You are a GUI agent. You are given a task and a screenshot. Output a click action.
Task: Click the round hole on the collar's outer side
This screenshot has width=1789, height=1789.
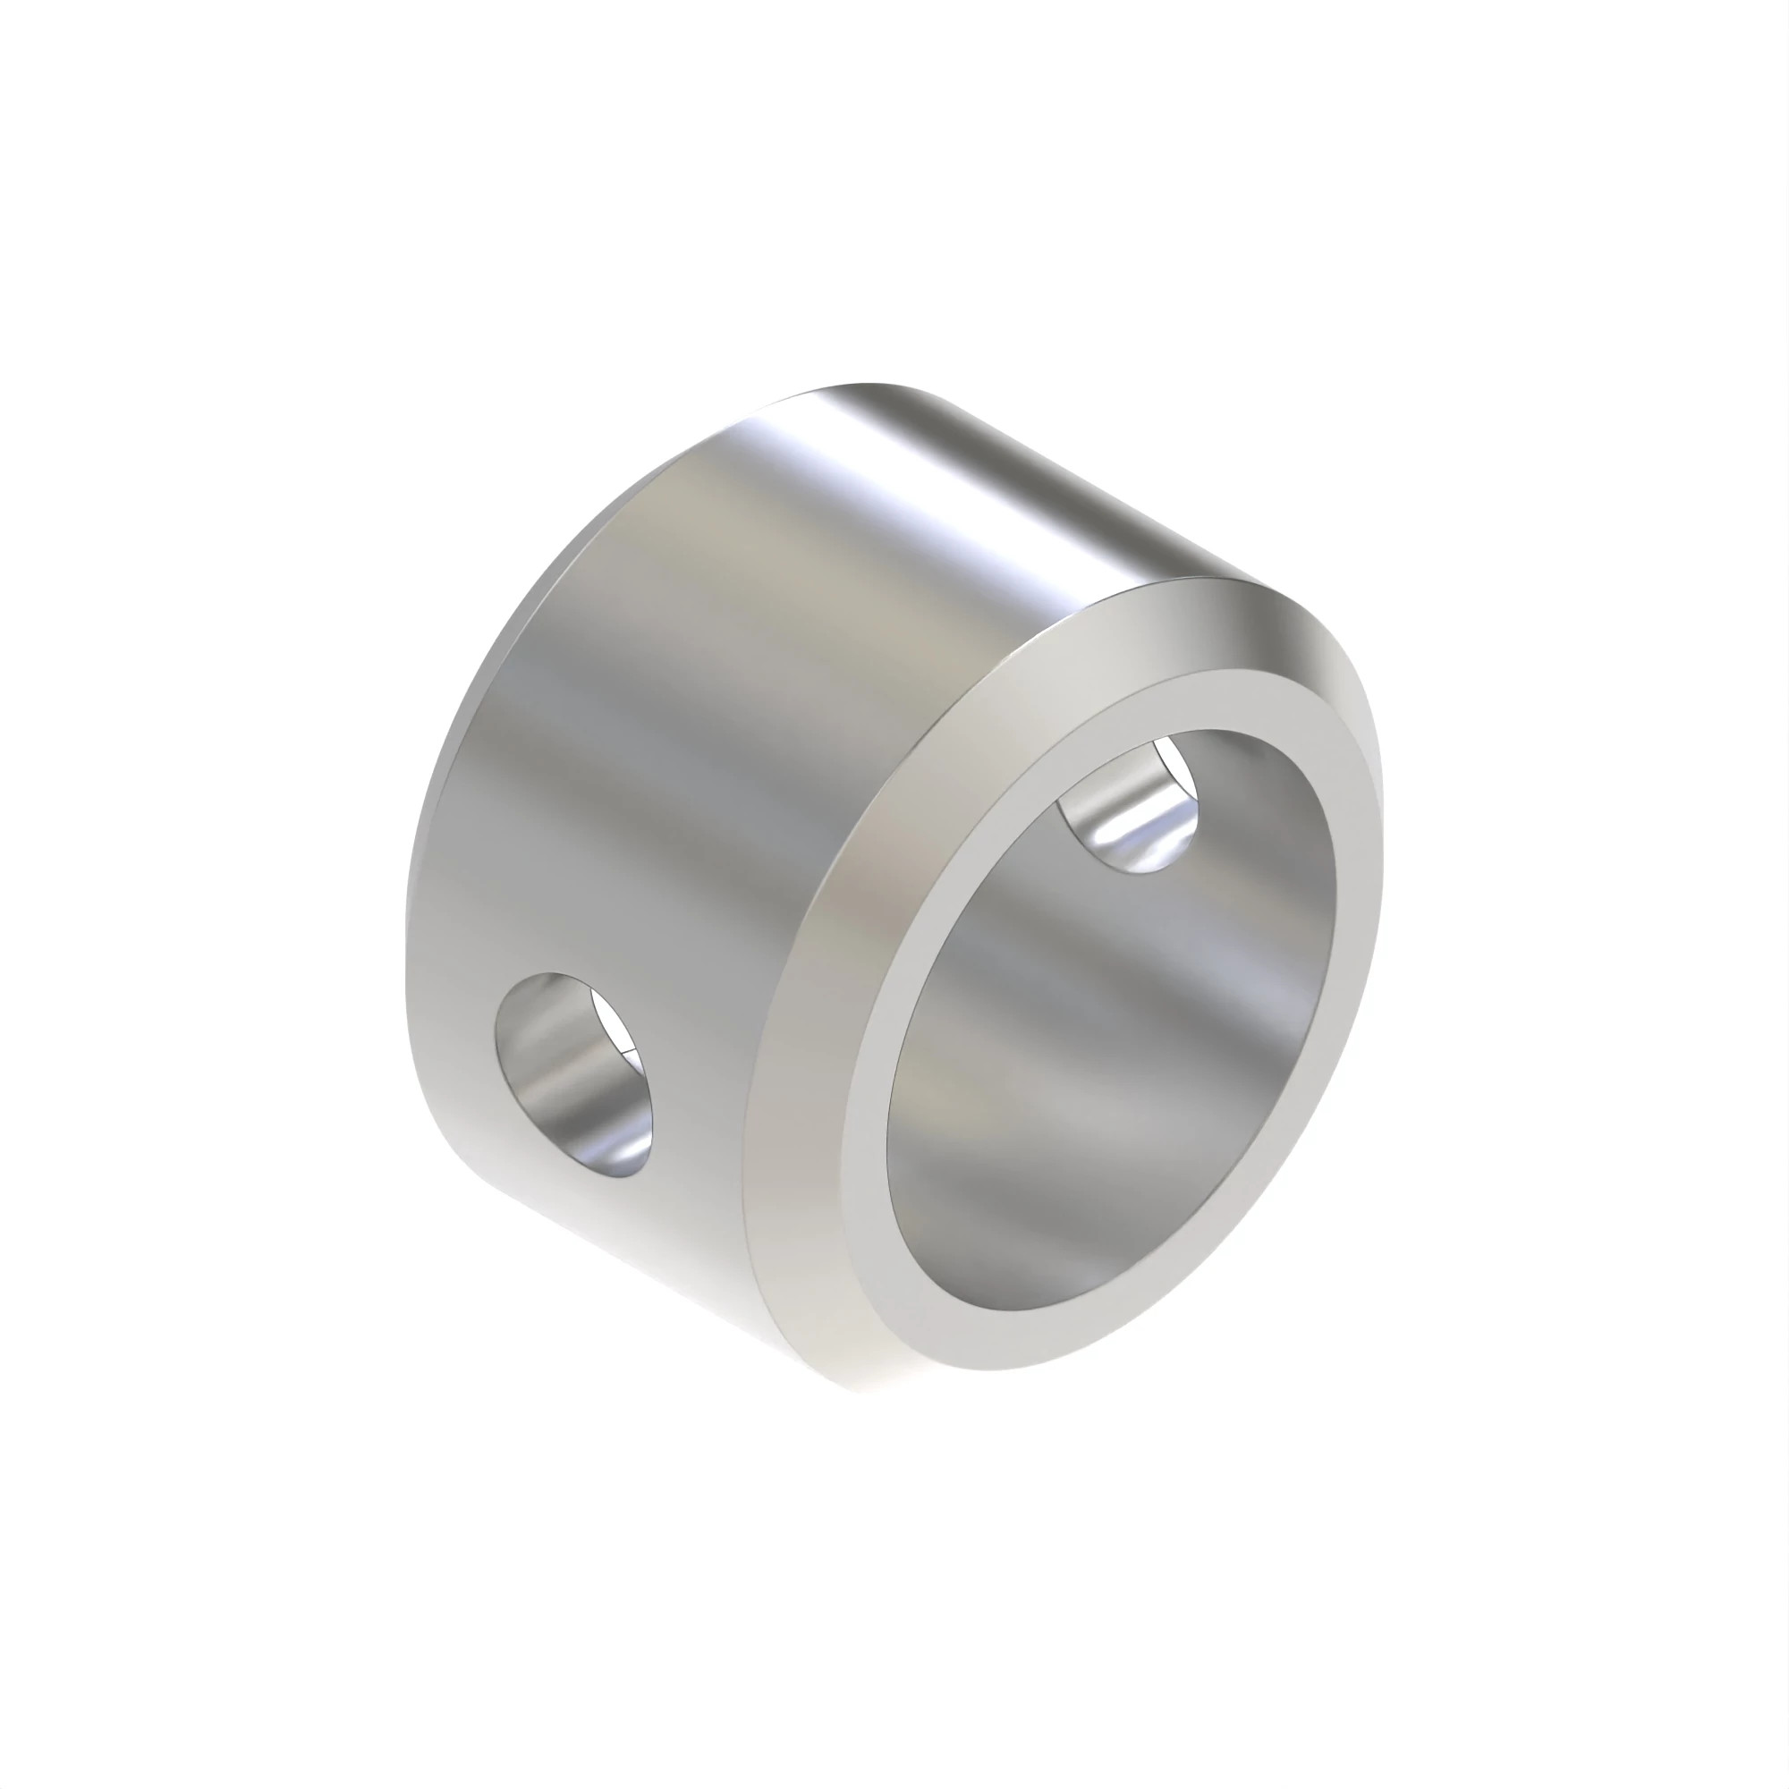click(x=574, y=1074)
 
